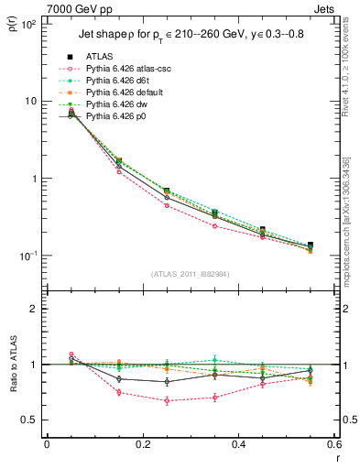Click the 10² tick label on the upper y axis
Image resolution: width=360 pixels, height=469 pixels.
pyautogui.click(x=27, y=23)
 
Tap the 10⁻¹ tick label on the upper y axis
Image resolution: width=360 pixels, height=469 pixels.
pyautogui.click(x=27, y=256)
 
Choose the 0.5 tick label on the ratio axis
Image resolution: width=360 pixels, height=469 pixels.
pyautogui.click(x=28, y=420)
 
